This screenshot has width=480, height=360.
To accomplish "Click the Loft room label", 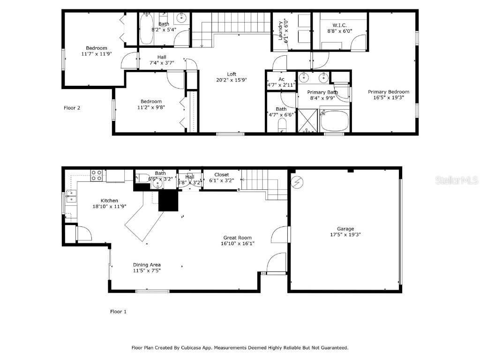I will [232, 74].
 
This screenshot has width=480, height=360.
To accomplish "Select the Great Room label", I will [237, 238].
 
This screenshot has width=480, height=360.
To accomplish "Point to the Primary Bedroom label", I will [388, 92].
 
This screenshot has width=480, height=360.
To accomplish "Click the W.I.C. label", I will [339, 25].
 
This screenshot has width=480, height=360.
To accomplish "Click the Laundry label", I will [281, 30].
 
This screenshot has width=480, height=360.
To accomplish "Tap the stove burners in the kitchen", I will [96, 175].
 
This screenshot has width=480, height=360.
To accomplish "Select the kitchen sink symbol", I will [72, 195].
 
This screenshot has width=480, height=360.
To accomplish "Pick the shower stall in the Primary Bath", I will [308, 121].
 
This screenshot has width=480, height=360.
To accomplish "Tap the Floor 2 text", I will [72, 108].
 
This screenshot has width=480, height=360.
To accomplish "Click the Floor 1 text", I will [118, 312].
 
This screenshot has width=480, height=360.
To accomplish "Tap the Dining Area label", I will [147, 265].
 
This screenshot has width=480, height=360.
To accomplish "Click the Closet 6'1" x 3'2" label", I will [222, 174].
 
